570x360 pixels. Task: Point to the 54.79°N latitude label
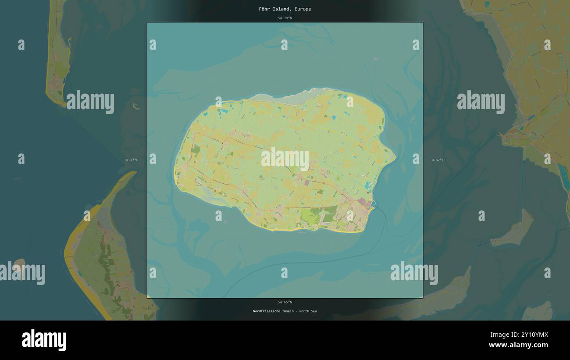(x=285, y=18)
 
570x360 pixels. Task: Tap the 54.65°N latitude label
(x=285, y=302)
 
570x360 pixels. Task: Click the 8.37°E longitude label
(x=132, y=160)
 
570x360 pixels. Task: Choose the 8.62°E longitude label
(x=438, y=160)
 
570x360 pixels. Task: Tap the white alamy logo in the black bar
(x=44, y=340)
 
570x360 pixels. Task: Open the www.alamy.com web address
(x=518, y=345)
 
